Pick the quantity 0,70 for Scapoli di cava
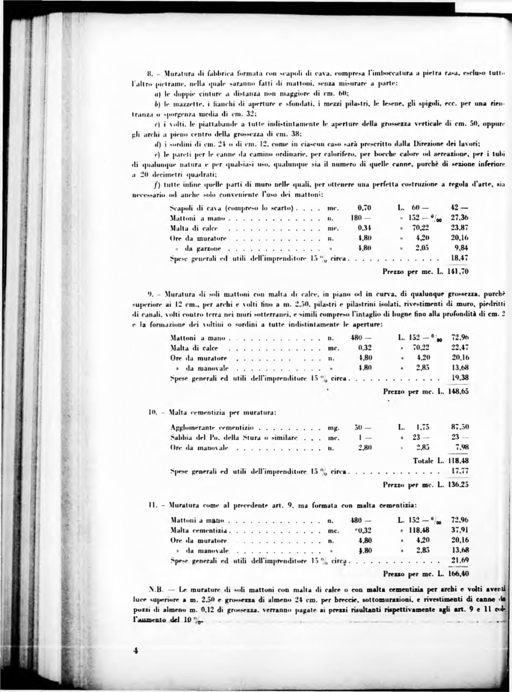[364, 208]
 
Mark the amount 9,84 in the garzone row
[461, 248]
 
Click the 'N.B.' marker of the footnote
[156, 589]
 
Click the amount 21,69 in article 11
[460, 560]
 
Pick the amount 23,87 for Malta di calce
[460, 228]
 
